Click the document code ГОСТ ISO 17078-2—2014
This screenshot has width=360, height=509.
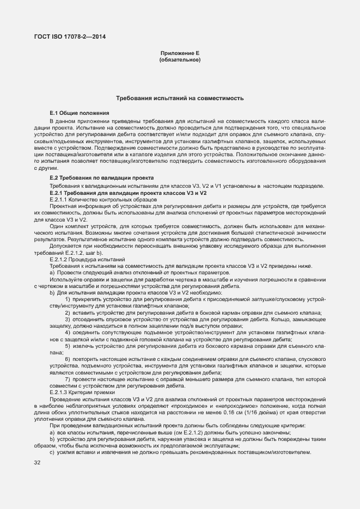[x=70, y=36]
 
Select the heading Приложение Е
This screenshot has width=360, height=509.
[x=180, y=53]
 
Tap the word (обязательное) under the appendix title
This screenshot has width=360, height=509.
[x=180, y=59]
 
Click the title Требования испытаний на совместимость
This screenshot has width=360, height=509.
[x=180, y=99]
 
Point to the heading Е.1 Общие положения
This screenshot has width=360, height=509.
[x=80, y=112]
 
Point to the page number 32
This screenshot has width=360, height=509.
[x=38, y=463]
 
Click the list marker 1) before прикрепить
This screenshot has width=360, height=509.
[x=68, y=299]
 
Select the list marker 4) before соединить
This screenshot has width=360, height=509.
[x=68, y=332]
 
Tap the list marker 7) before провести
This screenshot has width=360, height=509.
[x=68, y=379]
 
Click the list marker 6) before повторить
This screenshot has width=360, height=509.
[x=68, y=359]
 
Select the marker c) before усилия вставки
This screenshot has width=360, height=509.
[x=52, y=452]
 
